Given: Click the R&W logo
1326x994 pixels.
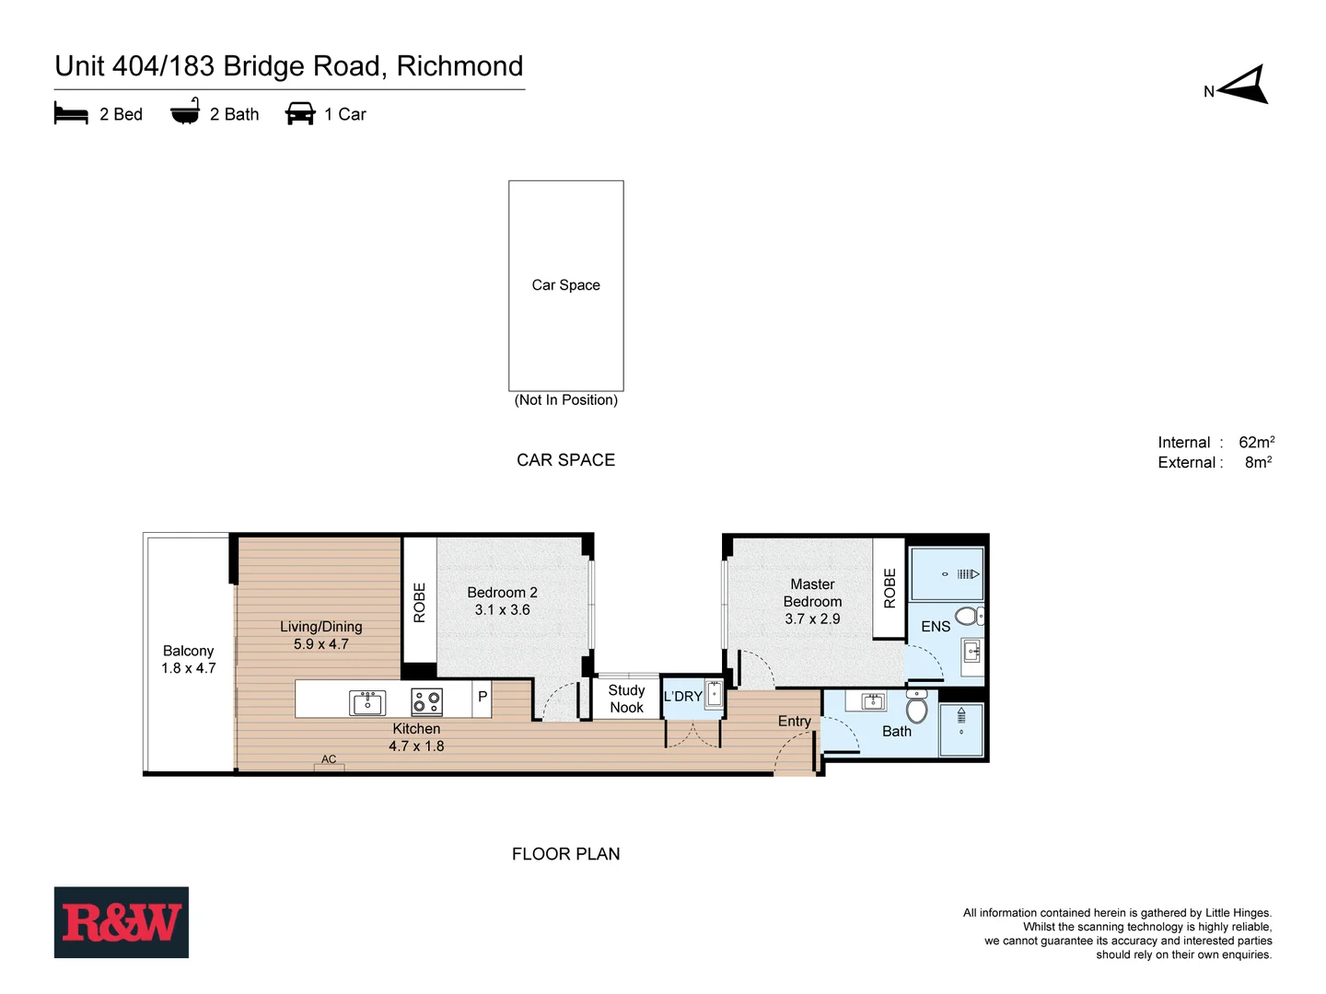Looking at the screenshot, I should click(x=121, y=922).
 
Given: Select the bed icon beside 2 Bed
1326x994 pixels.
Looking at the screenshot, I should click(x=71, y=114).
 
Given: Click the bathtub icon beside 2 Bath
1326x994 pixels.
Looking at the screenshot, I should click(x=185, y=112).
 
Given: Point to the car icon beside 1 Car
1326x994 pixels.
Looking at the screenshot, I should click(x=300, y=114).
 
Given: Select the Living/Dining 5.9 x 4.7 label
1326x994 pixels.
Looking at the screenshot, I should click(x=320, y=635).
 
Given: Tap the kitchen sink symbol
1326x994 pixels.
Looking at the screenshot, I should click(x=367, y=702).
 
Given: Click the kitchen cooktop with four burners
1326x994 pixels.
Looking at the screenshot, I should click(x=426, y=702).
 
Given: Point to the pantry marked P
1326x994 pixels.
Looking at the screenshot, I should click(x=482, y=698).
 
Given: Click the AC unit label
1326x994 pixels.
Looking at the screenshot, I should click(x=329, y=759).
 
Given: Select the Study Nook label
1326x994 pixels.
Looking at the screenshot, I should click(x=626, y=699).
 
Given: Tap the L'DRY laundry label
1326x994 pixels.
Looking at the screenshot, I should click(x=682, y=697).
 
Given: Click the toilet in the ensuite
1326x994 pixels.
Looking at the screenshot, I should click(x=968, y=616).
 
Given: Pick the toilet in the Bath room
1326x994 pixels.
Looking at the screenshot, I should click(x=916, y=708).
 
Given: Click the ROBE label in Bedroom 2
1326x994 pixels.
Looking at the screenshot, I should click(x=419, y=603).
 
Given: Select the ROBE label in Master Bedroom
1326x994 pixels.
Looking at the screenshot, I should click(x=890, y=588).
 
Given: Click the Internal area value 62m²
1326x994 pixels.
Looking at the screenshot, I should click(x=1256, y=443).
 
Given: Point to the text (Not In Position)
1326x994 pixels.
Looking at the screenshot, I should click(x=565, y=399).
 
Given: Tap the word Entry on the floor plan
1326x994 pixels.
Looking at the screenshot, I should click(x=794, y=721).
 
